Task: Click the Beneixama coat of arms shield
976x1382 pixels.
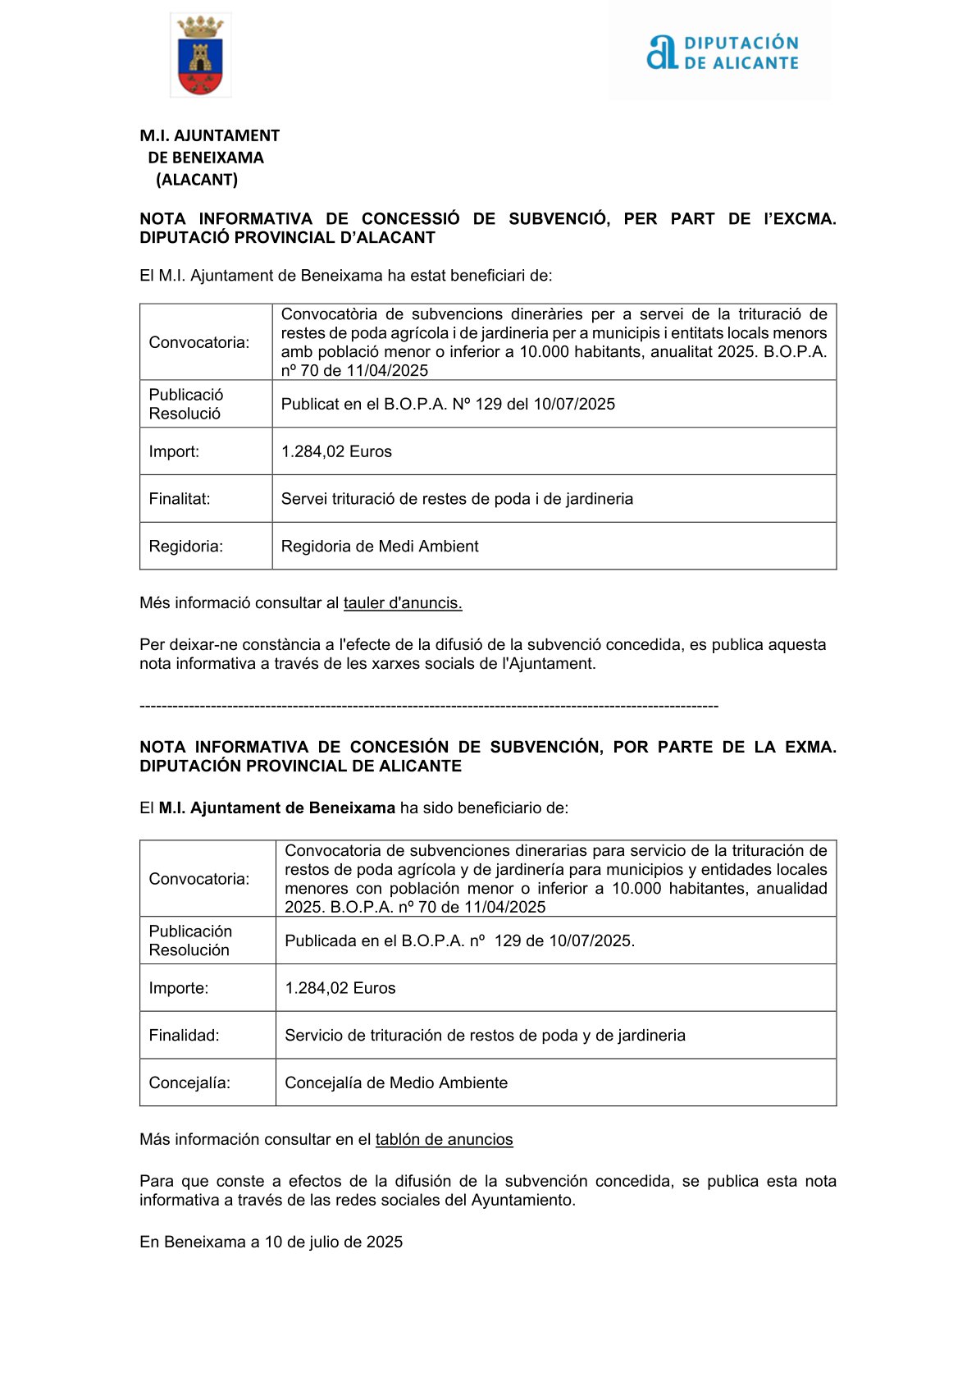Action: click(200, 56)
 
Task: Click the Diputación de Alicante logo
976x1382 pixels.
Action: click(722, 53)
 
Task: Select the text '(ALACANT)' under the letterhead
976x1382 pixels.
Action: click(197, 180)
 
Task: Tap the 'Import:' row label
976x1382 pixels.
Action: click(174, 451)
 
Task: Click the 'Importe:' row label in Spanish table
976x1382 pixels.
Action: click(179, 988)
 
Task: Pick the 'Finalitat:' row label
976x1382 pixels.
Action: click(180, 499)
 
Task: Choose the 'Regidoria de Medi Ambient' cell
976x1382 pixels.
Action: click(380, 547)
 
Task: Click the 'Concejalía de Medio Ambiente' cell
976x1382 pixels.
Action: click(396, 1083)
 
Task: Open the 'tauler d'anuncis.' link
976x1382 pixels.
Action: click(403, 603)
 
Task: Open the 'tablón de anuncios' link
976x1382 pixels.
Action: click(444, 1140)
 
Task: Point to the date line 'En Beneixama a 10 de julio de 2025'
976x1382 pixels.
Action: click(271, 1242)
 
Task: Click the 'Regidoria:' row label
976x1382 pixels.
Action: click(186, 547)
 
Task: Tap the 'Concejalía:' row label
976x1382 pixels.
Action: click(189, 1083)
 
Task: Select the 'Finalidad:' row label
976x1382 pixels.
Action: click(185, 1036)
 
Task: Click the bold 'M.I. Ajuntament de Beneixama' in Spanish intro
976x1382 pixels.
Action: click(277, 808)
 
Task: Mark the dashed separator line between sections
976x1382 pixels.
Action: click(429, 707)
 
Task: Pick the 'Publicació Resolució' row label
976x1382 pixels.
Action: click(186, 404)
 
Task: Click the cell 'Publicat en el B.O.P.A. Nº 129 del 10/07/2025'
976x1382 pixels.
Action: click(448, 404)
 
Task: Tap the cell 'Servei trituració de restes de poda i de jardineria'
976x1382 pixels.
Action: click(457, 499)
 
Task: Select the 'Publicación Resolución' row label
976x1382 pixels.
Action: click(190, 940)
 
